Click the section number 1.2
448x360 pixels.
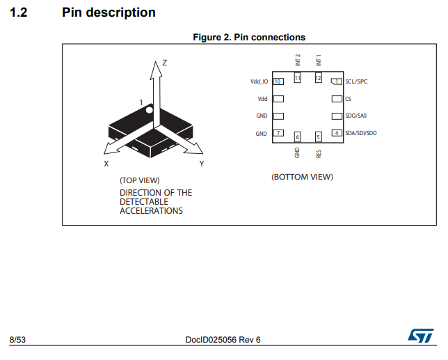pyautogui.click(x=18, y=13)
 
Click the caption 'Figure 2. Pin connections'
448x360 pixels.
pyautogui.click(x=248, y=37)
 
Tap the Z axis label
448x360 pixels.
pyautogui.click(x=164, y=63)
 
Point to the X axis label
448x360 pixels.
pyautogui.click(x=106, y=164)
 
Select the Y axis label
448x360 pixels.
pyautogui.click(x=201, y=164)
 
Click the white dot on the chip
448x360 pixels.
pyautogui.click(x=148, y=109)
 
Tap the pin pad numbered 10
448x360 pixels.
pyautogui.click(x=278, y=81)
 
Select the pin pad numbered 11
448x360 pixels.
pyautogui.click(x=297, y=78)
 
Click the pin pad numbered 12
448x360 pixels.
pyautogui.click(x=319, y=78)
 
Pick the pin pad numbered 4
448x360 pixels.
pyautogui.click(x=337, y=133)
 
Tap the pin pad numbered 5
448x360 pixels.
pyautogui.click(x=319, y=137)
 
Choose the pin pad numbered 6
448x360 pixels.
pyautogui.click(x=297, y=137)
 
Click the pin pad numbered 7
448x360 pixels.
pyautogui.click(x=278, y=133)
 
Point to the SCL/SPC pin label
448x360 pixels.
pyautogui.click(x=356, y=81)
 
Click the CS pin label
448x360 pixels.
pyautogui.click(x=348, y=99)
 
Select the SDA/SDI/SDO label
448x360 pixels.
pyautogui.click(x=360, y=133)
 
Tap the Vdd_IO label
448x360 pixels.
pyautogui.click(x=259, y=81)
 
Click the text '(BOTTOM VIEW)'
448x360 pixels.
pyautogui.click(x=302, y=177)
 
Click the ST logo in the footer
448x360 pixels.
pyautogui.click(x=420, y=336)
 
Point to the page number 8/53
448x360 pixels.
pyautogui.click(x=17, y=340)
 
